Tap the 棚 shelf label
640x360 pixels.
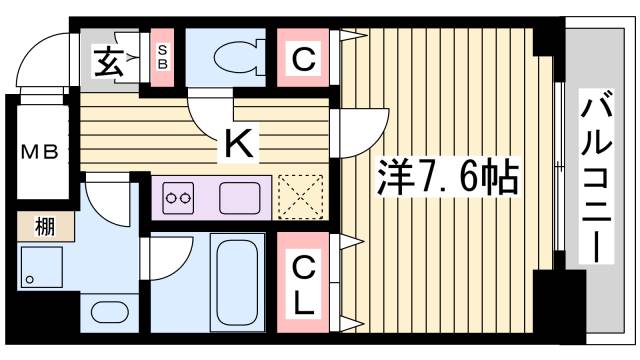pyautogui.click(x=44, y=227)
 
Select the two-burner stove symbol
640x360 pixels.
pyautogui.click(x=178, y=197)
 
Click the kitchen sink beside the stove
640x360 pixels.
pyautogui.click(x=241, y=196)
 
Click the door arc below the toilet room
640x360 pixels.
pyautogui.click(x=210, y=115)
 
